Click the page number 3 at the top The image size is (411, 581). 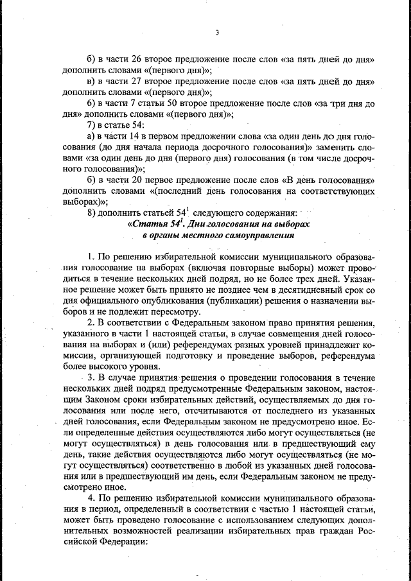coord(217,33)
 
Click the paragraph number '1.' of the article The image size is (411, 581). coord(91,257)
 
